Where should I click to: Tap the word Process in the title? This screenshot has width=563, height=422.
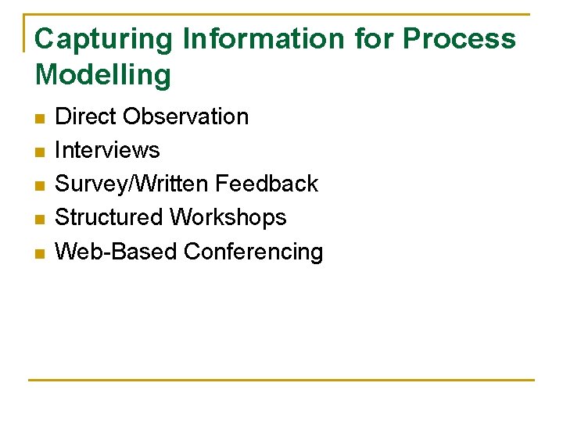pos(459,39)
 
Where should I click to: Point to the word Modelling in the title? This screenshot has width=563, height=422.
pos(103,75)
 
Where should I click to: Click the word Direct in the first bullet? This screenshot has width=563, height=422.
pos(86,116)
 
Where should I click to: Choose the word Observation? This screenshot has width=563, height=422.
pos(186,116)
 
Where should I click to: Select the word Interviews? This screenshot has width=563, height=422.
pos(107,150)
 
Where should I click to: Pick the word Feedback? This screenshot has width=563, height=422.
pos(267,184)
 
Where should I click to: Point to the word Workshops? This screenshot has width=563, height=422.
pos(228,217)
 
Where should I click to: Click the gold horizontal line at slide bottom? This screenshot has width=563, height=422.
pos(281,380)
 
